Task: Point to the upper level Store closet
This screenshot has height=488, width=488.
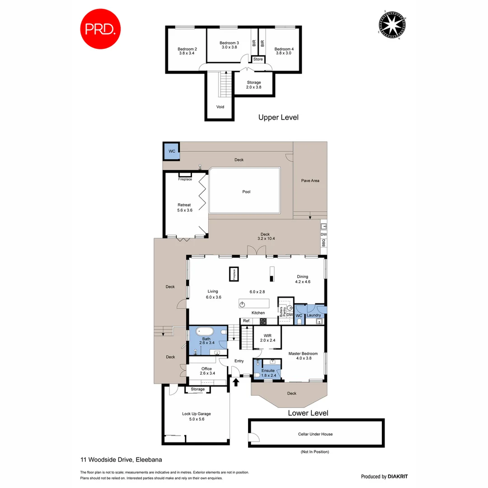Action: (x=258, y=59)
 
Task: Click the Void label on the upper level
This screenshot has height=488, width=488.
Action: (x=220, y=107)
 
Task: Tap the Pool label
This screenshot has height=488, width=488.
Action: (x=246, y=192)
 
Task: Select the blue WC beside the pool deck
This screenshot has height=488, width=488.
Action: (x=172, y=151)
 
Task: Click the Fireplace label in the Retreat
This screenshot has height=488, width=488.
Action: (x=185, y=179)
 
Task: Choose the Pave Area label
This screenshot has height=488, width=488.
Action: (x=310, y=181)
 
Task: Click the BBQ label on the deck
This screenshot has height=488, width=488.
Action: (x=323, y=243)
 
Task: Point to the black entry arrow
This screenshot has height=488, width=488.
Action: (x=236, y=382)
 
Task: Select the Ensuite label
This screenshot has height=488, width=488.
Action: (x=268, y=371)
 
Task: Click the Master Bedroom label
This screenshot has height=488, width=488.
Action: (x=303, y=353)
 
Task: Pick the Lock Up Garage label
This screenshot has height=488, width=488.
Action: (x=196, y=413)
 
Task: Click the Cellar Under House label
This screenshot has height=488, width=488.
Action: (x=315, y=434)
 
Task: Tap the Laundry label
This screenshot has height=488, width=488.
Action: (x=314, y=315)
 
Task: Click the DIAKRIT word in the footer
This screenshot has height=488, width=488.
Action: (x=398, y=476)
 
